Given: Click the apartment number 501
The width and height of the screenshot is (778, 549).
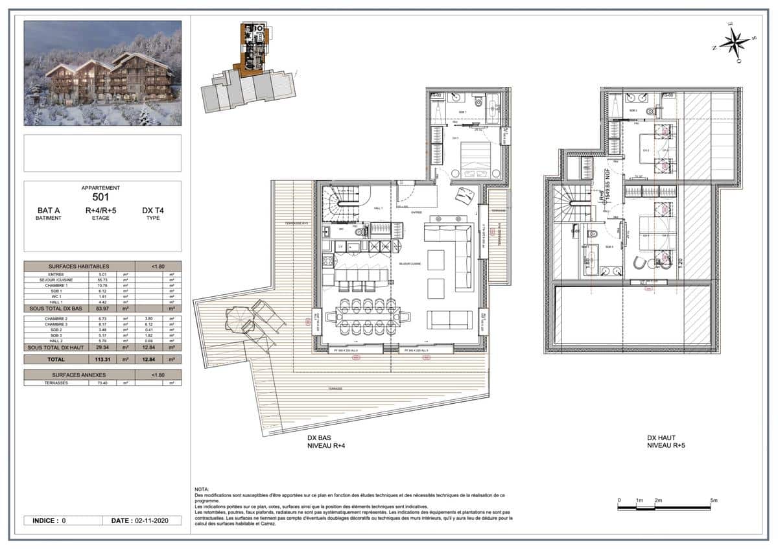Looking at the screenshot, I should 100,198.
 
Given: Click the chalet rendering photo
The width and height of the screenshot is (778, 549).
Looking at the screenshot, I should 102,73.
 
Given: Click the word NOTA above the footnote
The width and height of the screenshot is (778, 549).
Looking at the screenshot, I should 202,489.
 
